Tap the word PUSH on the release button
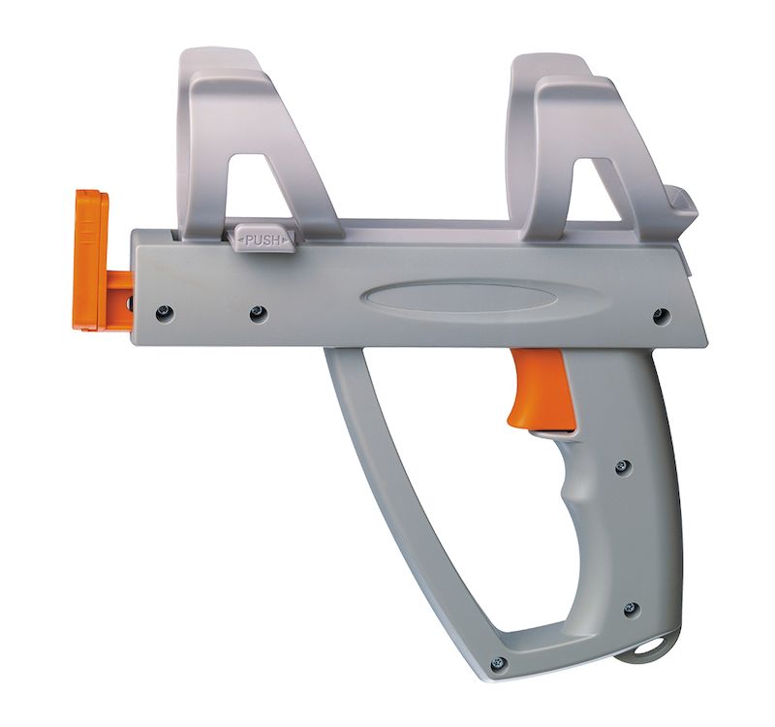pyautogui.click(x=263, y=240)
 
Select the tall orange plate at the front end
pyautogui.click(x=92, y=260)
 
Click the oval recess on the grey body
pyautogui.click(x=458, y=298)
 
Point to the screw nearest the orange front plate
pyautogui.click(x=164, y=312)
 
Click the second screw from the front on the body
pyautogui.click(x=258, y=312)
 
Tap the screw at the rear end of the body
pyautogui.click(x=661, y=315)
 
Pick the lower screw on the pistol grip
pyautogui.click(x=632, y=608)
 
